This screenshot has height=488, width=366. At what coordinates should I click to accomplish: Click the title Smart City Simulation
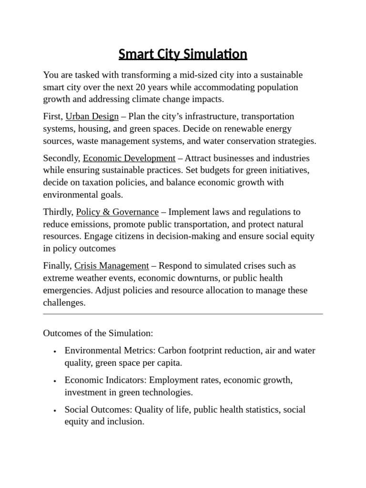183,54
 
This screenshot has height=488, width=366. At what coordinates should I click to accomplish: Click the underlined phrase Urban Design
92,116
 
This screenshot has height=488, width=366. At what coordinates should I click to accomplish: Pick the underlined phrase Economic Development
129,158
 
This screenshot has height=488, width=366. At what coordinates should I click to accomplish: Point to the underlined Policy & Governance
117,212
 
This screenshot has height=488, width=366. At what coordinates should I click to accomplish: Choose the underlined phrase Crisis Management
112,265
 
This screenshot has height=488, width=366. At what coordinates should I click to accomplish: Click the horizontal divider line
183,314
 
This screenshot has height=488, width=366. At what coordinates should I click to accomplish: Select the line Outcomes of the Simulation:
98,333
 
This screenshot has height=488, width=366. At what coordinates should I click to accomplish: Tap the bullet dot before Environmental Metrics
55,351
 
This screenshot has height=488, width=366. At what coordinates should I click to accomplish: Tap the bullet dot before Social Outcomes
55,410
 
